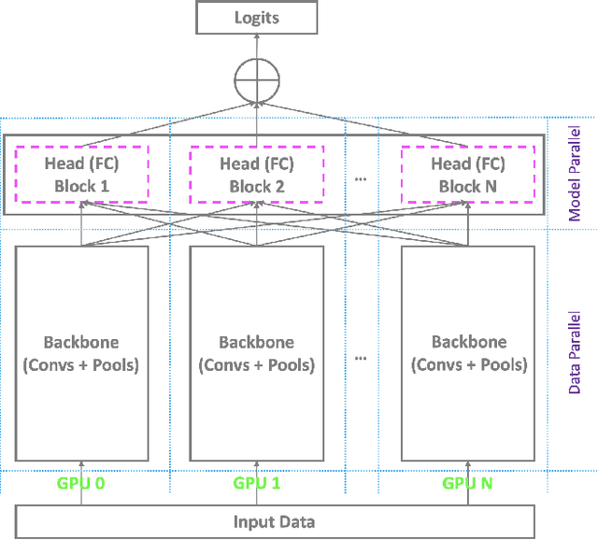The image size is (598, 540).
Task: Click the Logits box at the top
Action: (256, 18)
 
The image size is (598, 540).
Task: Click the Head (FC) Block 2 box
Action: (257, 175)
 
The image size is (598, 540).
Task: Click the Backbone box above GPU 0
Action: (82, 353)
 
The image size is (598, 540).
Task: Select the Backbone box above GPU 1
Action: (257, 353)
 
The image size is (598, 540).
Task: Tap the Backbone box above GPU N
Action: (468, 353)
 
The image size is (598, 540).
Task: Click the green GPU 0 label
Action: (82, 484)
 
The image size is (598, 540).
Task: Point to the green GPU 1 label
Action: (257, 484)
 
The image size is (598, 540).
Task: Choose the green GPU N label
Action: (468, 484)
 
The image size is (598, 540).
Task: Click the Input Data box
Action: (274, 522)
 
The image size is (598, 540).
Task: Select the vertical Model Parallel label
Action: (575, 175)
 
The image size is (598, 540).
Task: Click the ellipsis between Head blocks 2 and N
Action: (362, 175)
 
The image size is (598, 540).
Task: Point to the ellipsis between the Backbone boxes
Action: (362, 355)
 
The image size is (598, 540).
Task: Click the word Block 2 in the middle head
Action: (257, 186)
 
